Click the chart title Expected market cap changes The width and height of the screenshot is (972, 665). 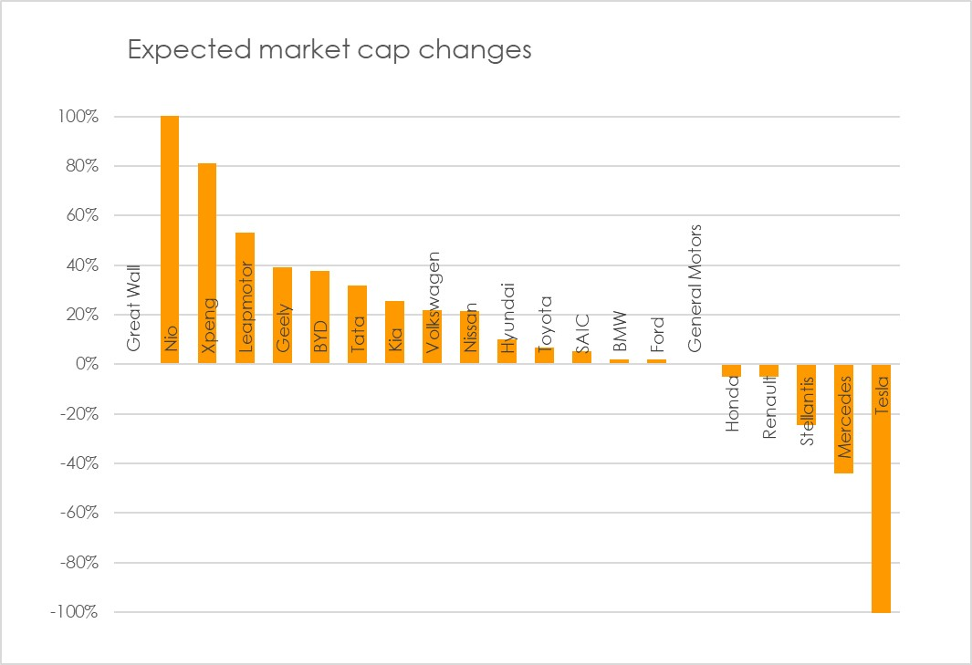329,49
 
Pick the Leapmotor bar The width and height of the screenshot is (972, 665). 245,297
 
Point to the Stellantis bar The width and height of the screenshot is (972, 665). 807,394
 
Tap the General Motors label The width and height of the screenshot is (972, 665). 695,288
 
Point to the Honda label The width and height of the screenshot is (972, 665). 732,402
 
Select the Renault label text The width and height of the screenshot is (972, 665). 769,407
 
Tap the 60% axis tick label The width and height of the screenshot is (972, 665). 82,216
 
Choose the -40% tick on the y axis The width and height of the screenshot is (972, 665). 78,463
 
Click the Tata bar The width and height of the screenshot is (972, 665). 357,325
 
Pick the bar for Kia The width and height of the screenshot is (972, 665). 394,332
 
